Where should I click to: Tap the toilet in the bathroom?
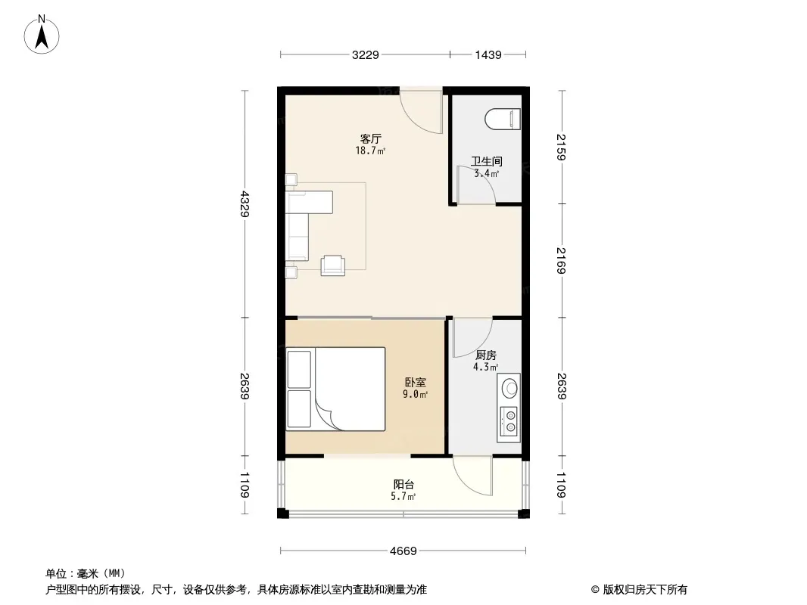coord(503,119)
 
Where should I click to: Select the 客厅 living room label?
coord(370,139)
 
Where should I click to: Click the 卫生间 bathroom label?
coord(486,161)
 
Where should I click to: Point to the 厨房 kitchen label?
coord(486,355)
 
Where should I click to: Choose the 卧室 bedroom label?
coord(416,383)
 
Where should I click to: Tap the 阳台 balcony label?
coord(403,484)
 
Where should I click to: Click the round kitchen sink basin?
coord(509,388)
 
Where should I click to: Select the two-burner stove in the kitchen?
coord(509,421)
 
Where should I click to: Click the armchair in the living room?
coord(333,265)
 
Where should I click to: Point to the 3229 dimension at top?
coord(366,54)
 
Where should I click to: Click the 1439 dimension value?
coord(488,54)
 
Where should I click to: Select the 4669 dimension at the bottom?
coord(403,551)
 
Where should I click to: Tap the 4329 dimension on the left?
coord(245,203)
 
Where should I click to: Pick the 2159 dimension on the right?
coord(562,147)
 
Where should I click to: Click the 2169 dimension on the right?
coord(562,261)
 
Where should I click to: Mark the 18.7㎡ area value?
coord(370,150)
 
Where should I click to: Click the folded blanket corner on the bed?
coord(327,413)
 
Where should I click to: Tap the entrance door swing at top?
coord(422,112)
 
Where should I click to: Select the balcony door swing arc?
coord(472,476)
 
